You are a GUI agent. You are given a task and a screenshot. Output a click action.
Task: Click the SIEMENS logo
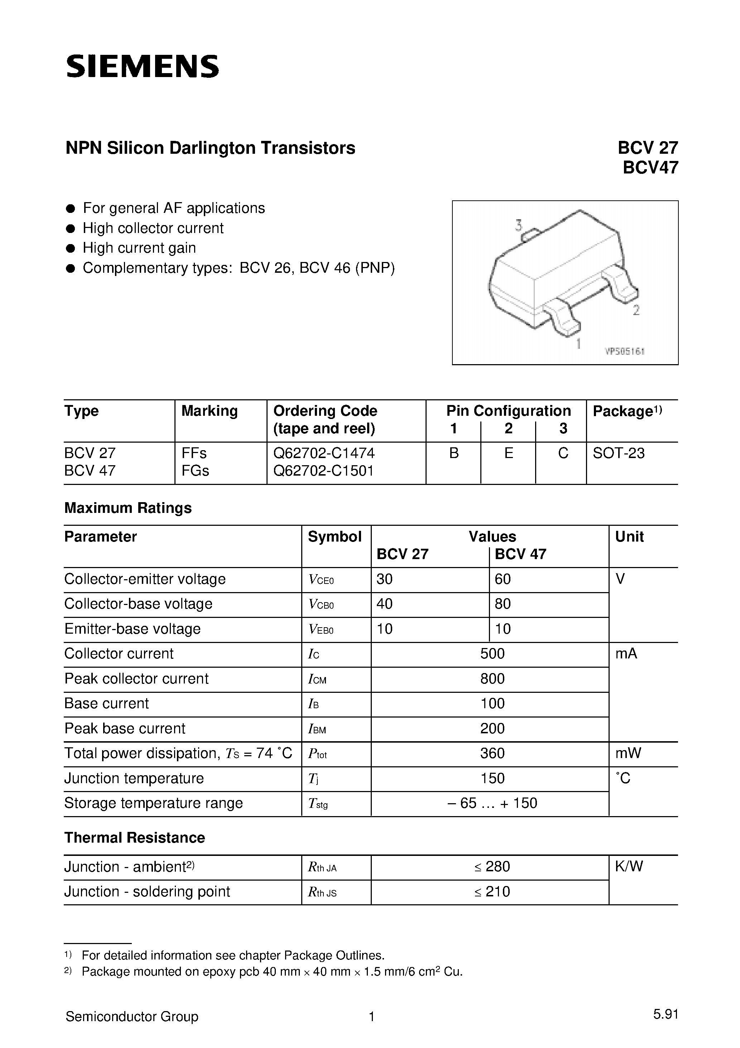tap(142, 67)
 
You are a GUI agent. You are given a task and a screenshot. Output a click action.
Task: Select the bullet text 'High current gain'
tap(139, 248)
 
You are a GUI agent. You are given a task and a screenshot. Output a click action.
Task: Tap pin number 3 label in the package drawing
tap(519, 225)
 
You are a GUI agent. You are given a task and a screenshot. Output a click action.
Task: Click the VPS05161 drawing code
tap(625, 352)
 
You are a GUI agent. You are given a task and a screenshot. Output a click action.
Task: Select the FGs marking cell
tap(195, 471)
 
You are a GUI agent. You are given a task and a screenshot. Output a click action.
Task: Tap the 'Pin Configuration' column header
tap(508, 411)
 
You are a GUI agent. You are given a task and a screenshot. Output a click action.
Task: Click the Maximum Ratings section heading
tap(128, 508)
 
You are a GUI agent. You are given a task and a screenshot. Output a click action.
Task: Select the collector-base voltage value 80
tap(503, 604)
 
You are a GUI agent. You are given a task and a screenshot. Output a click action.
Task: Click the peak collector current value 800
tap(492, 679)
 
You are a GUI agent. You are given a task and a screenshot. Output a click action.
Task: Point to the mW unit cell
tap(628, 753)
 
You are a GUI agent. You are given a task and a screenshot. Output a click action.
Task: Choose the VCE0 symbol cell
tap(321, 580)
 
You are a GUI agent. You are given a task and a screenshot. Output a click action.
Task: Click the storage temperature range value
tap(492, 803)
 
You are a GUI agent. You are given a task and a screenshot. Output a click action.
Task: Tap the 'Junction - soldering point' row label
tap(147, 891)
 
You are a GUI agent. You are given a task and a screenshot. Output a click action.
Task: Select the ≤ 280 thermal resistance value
tap(492, 866)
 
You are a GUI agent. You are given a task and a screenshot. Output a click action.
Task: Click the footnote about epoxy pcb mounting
tap(272, 971)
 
